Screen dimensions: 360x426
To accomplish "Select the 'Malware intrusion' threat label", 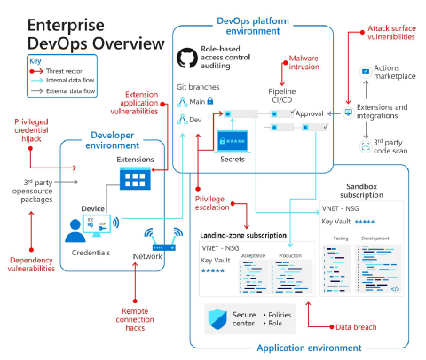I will [x=299, y=63].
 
